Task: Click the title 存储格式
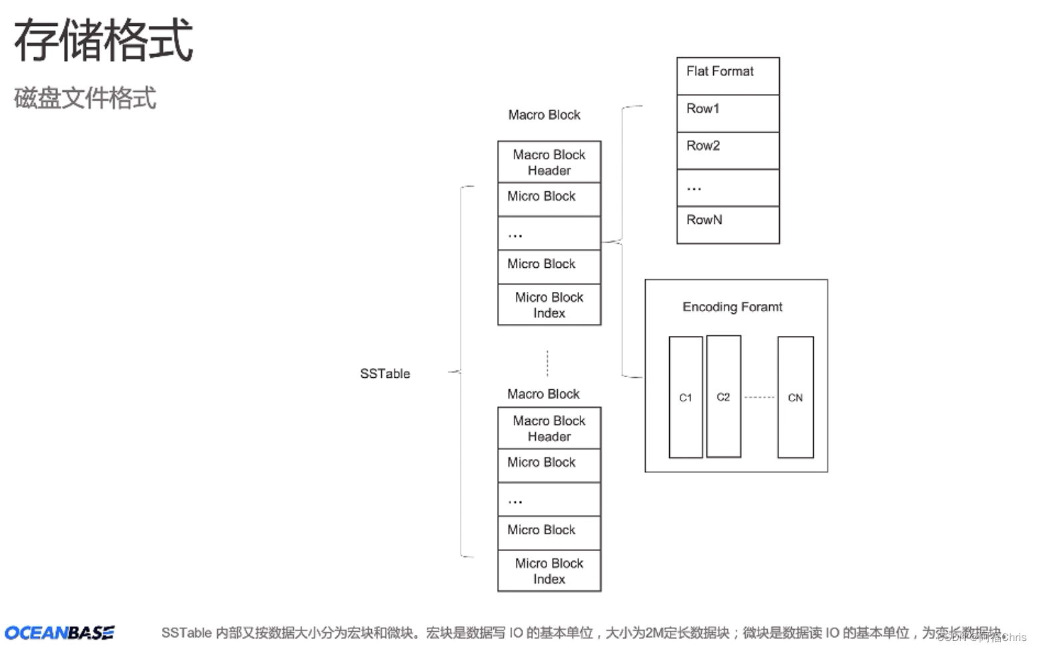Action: click(x=103, y=40)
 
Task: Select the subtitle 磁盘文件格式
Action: click(x=85, y=98)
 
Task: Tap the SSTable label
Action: click(x=385, y=374)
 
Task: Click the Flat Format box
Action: click(x=728, y=76)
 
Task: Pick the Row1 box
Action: click(x=728, y=113)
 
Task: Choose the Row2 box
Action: click(x=728, y=151)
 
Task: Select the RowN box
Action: click(x=728, y=225)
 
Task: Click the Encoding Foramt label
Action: click(x=732, y=307)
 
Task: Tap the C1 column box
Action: click(x=685, y=397)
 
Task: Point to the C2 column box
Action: click(x=723, y=396)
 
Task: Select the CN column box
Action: click(x=795, y=397)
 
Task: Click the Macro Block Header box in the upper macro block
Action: click(x=549, y=162)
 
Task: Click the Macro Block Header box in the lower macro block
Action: click(x=549, y=428)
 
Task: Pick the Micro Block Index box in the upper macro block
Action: click(x=549, y=305)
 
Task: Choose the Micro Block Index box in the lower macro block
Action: click(x=549, y=571)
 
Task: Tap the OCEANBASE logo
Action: click(x=59, y=632)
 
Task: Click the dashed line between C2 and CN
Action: click(x=759, y=397)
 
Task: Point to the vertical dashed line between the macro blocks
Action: click(x=547, y=363)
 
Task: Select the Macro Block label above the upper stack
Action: click(x=544, y=115)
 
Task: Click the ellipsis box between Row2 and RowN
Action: click(x=728, y=188)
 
